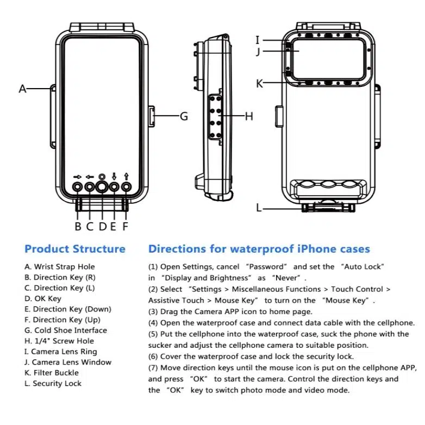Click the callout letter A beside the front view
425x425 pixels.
coord(22,89)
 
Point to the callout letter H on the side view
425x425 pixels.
coord(249,116)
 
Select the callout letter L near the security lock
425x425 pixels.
coord(259,208)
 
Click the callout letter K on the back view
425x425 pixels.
coord(259,84)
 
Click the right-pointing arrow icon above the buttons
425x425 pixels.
coord(77,177)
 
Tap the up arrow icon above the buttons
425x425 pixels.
coord(126,176)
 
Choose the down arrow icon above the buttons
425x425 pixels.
coord(114,176)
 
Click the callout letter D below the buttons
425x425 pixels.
coord(102,226)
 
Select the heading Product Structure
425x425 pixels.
coord(75,249)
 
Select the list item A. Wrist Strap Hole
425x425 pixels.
coord(60,267)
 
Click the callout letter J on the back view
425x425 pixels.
coord(259,52)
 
